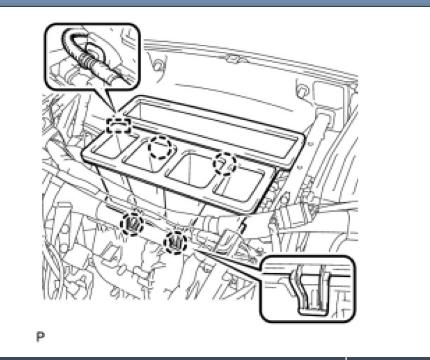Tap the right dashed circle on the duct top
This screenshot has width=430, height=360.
click(226, 163)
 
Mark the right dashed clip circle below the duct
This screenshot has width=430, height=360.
click(176, 241)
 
